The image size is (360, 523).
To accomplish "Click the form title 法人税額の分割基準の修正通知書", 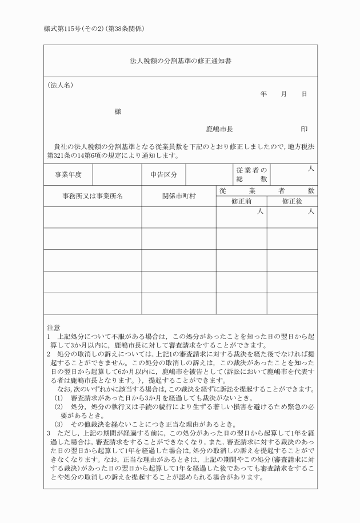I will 180,60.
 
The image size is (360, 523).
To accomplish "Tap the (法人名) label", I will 60,85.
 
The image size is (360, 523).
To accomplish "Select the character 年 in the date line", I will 263,93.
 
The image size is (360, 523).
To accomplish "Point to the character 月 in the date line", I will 283,93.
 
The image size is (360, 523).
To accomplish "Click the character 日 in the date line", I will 304,93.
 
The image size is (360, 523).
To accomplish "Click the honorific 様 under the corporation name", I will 118,111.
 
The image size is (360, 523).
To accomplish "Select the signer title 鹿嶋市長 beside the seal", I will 219,130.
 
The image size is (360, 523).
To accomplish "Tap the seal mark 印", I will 304,130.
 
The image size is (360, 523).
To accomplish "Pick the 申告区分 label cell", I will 164,174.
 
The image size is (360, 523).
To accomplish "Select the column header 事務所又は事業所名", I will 93,195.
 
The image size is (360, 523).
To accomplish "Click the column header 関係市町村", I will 179,195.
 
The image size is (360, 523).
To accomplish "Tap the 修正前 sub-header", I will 241,201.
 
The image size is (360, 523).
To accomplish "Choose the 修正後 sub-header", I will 292,201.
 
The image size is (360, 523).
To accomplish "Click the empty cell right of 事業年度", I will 117,174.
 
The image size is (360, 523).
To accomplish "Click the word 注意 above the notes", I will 54,328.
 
